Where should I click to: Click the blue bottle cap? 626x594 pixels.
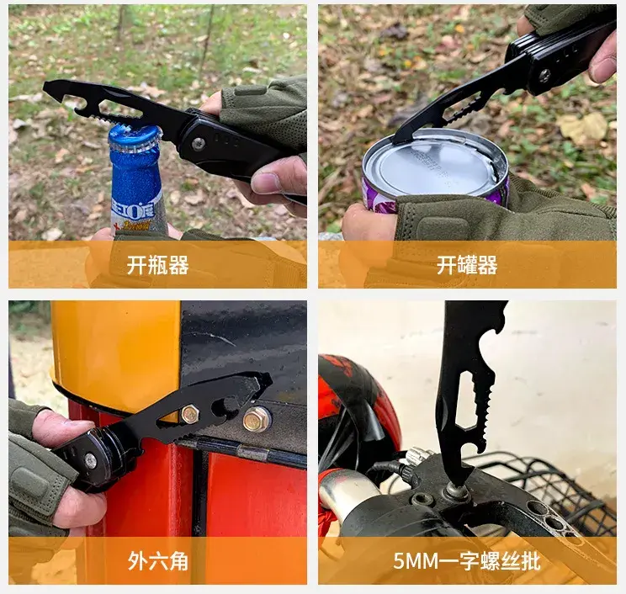click(135, 138)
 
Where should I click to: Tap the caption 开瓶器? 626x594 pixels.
click(157, 265)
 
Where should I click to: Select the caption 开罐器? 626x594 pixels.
click(467, 265)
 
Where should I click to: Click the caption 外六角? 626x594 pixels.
click(157, 561)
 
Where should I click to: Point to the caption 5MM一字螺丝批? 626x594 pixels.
click(467, 561)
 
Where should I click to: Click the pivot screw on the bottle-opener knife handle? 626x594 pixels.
click(199, 144)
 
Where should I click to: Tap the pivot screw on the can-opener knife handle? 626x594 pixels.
click(544, 75)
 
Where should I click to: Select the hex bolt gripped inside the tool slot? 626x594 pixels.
click(189, 414)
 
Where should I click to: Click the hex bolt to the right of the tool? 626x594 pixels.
click(256, 419)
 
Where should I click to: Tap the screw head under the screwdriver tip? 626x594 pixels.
click(456, 490)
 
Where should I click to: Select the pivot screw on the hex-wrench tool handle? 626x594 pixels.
click(91, 461)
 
